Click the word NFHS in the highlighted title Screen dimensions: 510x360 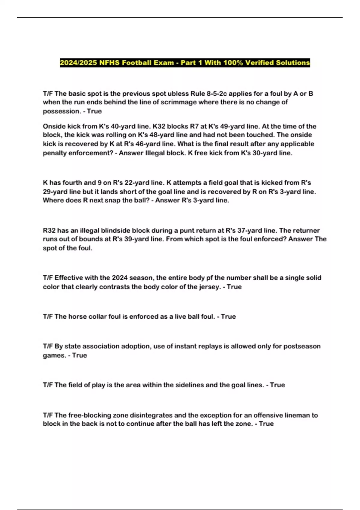click(x=109, y=63)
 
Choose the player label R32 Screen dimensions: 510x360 click(x=49, y=231)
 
